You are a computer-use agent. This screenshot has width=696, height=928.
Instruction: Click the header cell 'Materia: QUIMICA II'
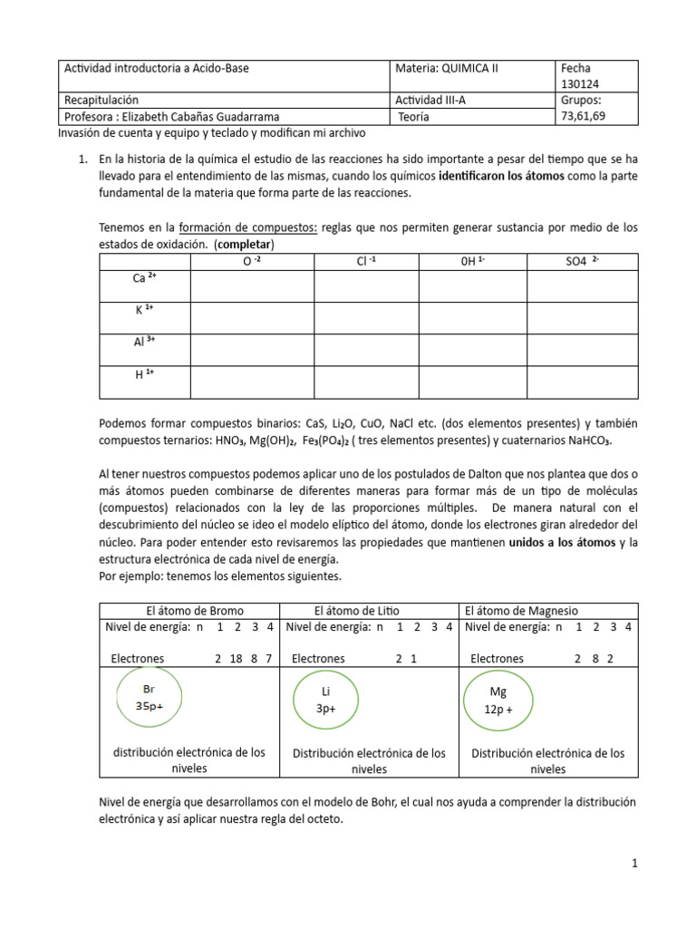click(448, 68)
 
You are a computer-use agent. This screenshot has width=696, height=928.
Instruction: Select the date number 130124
click(583, 83)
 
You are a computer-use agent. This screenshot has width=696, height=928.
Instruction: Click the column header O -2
click(251, 262)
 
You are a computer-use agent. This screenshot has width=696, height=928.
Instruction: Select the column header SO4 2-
click(582, 262)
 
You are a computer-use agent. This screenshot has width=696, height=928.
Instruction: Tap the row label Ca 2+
click(145, 278)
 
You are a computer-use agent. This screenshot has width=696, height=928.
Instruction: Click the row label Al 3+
click(145, 343)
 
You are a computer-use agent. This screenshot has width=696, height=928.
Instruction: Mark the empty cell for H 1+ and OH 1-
click(471, 382)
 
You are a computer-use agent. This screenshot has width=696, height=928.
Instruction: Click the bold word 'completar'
click(244, 245)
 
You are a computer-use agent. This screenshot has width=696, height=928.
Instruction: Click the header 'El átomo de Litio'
click(356, 611)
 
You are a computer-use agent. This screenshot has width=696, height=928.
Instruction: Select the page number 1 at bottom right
click(635, 865)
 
